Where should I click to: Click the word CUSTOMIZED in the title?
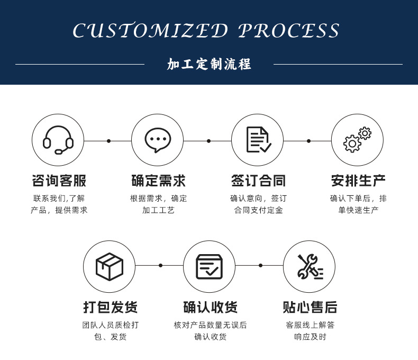[150, 31]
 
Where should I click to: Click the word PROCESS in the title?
[289, 31]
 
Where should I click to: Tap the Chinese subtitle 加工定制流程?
[209, 65]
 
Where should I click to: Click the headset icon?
[58, 140]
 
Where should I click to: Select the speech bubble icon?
[158, 140]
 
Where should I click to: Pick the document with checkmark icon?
[258, 140]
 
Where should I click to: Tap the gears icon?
[357, 140]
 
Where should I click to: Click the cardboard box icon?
[109, 266]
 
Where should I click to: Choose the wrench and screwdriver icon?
[309, 266]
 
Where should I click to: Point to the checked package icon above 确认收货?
[209, 266]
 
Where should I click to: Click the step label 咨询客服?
[59, 181]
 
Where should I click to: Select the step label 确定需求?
[158, 181]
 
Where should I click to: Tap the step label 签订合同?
[258, 181]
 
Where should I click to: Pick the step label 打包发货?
[110, 307]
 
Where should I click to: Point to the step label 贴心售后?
[310, 307]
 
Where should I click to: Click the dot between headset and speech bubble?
[108, 141]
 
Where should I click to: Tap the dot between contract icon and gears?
[308, 141]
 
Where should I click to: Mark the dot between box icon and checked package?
[160, 265]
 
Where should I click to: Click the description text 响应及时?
[310, 337]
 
